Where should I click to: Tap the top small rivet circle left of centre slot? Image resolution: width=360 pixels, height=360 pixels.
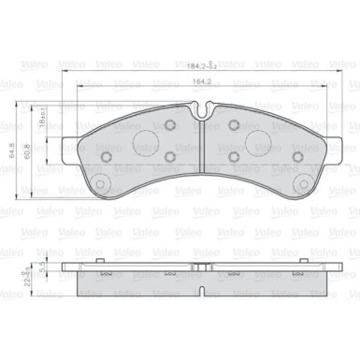(x=170, y=125)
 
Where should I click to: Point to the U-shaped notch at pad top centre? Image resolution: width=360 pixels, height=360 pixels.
(x=202, y=109)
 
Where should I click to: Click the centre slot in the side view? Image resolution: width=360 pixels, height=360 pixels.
(x=202, y=269)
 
